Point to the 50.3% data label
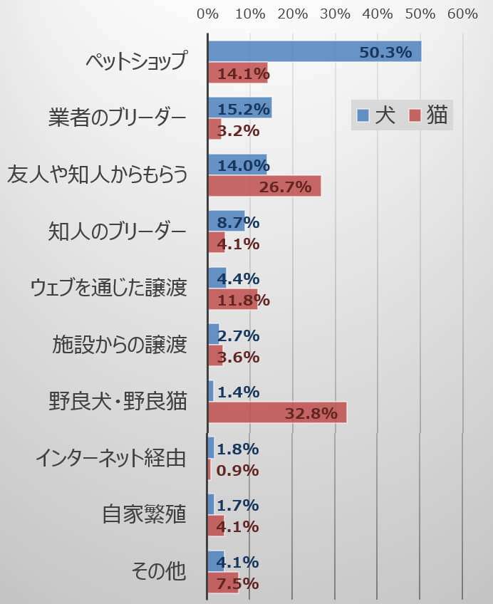[x=386, y=52]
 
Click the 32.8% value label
[x=311, y=414]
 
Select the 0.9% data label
[x=237, y=470]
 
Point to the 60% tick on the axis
[x=462, y=14]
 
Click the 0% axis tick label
[x=207, y=14]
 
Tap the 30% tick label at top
[x=335, y=14]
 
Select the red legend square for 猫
[x=414, y=116]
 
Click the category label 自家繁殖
[x=144, y=514]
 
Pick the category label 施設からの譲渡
[x=119, y=345]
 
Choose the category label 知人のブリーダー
[x=118, y=231]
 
